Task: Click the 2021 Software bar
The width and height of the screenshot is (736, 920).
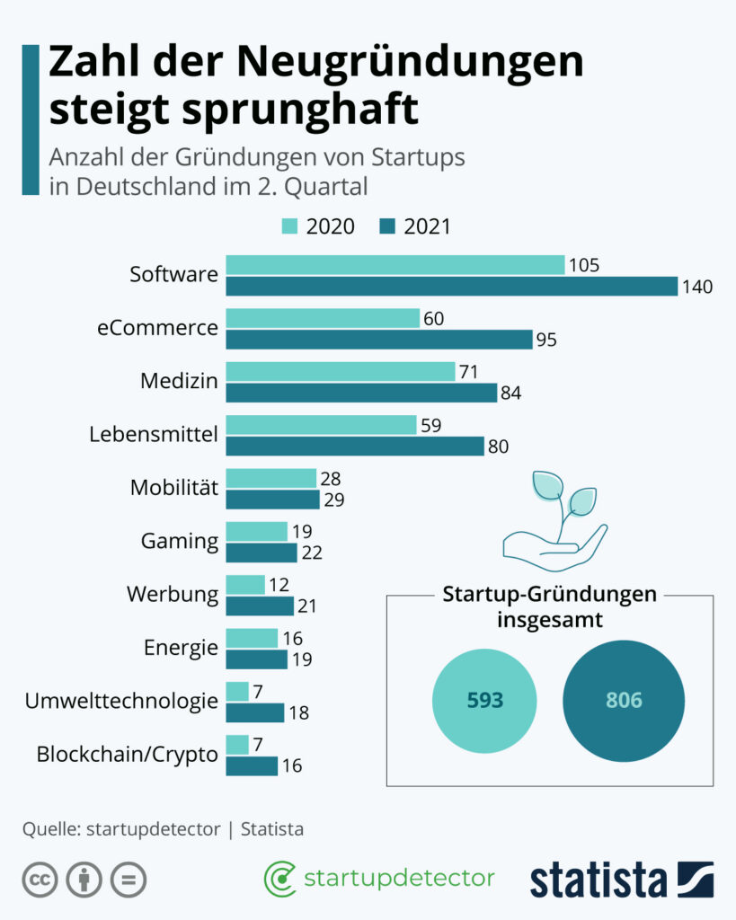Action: (x=451, y=286)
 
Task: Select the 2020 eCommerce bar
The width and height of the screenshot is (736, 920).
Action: (x=323, y=318)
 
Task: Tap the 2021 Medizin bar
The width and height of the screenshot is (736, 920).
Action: (x=360, y=393)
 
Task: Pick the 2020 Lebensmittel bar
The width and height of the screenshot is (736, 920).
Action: (x=321, y=424)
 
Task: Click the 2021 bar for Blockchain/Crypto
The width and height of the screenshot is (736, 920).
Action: (x=252, y=765)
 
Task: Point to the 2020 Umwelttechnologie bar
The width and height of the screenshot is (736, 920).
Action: (x=237, y=691)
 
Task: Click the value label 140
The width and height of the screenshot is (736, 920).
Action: (x=697, y=287)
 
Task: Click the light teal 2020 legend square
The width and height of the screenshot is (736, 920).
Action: (x=290, y=226)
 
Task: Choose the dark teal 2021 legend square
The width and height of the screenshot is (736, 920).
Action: (x=387, y=226)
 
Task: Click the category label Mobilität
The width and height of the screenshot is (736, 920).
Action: (x=174, y=488)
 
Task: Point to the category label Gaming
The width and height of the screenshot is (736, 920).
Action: (x=180, y=541)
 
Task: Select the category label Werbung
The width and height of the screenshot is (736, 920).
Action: (x=173, y=595)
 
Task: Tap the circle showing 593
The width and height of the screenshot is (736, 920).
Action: (x=484, y=700)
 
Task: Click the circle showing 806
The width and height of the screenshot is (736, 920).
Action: (x=624, y=700)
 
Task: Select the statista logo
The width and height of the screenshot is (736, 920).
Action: (x=621, y=880)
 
